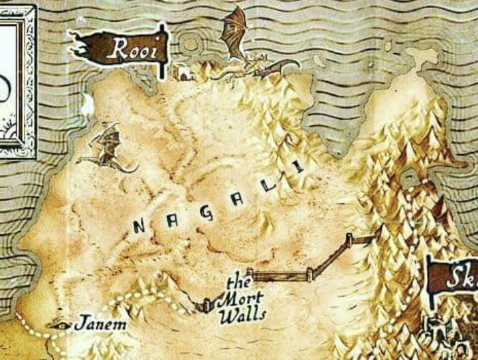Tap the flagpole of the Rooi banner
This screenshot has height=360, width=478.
tap(162, 51)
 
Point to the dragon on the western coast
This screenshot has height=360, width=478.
tap(106, 149)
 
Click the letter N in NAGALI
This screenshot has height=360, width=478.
tap(140, 228)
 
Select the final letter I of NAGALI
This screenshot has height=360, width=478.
tap(297, 166)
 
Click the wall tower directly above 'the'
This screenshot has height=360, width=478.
tap(250, 272)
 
